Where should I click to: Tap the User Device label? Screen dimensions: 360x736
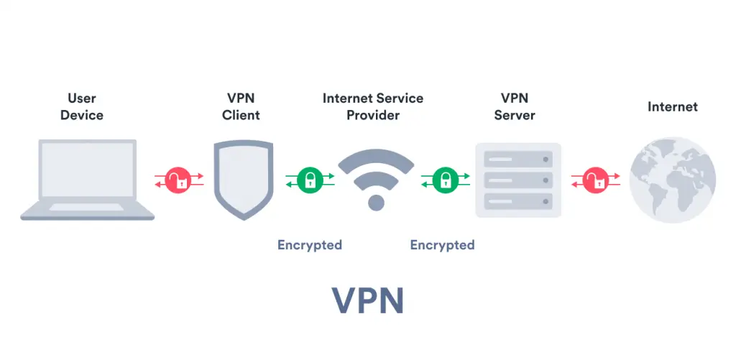pyautogui.click(x=81, y=106)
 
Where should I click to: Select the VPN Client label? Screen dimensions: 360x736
pyautogui.click(x=241, y=106)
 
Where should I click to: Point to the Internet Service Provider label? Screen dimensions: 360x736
pyautogui.click(x=372, y=106)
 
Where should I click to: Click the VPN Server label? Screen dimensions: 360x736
pyautogui.click(x=514, y=106)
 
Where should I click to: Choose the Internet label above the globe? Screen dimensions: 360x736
pyautogui.click(x=672, y=106)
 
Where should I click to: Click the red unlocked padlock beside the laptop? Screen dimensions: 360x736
pyautogui.click(x=178, y=180)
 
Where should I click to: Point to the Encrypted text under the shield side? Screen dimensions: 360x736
pyautogui.click(x=310, y=245)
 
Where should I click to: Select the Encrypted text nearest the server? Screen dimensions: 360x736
pyautogui.click(x=442, y=245)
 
